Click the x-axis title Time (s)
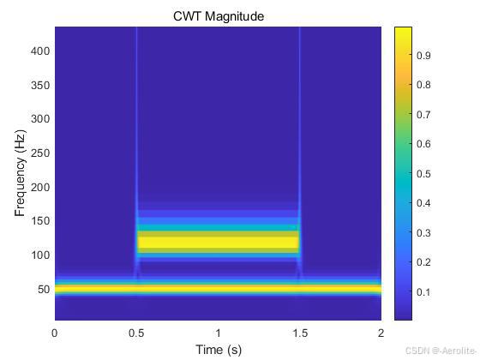tap(218, 350)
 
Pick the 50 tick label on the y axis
tap(42, 289)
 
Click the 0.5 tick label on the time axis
tap(136, 333)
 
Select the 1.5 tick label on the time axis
tap(299, 333)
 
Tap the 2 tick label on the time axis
tap(381, 333)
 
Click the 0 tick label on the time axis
tap(55, 333)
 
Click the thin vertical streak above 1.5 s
tap(299, 129)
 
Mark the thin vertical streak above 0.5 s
tap(136, 129)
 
